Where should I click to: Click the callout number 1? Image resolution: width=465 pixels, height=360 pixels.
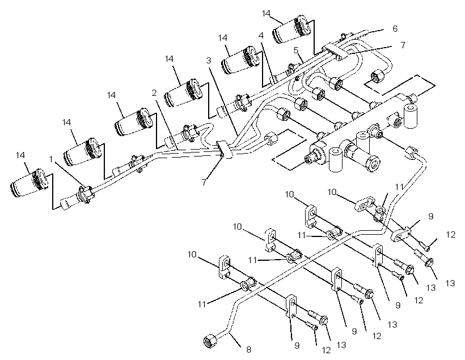point(51,159)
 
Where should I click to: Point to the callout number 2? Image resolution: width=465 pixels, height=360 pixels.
point(154,93)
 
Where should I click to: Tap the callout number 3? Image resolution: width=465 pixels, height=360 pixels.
point(209,61)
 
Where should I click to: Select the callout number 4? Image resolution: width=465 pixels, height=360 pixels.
point(261,36)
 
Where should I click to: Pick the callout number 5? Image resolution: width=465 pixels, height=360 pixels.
point(296,50)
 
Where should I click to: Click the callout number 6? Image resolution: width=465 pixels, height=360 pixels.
point(395,28)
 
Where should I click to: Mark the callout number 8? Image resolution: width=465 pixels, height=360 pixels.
point(248,350)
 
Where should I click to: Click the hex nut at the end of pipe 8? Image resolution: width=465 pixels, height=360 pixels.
point(210,340)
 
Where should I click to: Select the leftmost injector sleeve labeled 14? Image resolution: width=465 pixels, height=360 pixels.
point(29,183)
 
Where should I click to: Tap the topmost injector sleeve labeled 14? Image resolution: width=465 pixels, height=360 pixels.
point(292,29)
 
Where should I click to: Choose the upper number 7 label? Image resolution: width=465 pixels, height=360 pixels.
point(403,45)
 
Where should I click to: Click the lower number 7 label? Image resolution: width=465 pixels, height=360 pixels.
point(204,182)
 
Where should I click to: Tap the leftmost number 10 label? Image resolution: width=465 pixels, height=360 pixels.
point(192,255)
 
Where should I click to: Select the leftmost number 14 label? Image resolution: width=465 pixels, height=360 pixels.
point(20,155)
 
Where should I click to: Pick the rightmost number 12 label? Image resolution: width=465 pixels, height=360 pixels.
point(450,235)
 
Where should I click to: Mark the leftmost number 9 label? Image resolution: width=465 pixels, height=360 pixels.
point(297,345)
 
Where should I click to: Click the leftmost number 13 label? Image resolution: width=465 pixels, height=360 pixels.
point(341,345)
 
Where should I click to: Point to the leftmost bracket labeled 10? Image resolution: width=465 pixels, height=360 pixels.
point(225,267)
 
